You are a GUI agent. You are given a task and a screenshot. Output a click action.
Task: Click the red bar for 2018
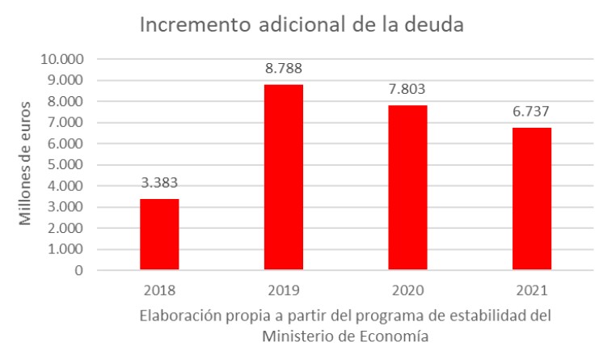click(x=159, y=234)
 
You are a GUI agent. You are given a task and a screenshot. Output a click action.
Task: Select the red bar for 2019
click(x=284, y=177)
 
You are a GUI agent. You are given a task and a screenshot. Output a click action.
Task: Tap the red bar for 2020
click(x=407, y=188)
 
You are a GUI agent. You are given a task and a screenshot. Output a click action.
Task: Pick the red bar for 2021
click(x=532, y=199)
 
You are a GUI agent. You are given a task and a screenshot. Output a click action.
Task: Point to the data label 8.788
click(x=284, y=68)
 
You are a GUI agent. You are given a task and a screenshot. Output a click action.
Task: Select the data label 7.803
click(x=407, y=89)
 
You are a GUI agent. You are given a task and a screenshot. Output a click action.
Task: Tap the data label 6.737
click(x=532, y=111)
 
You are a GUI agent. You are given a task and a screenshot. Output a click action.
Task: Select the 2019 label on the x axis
click(x=284, y=289)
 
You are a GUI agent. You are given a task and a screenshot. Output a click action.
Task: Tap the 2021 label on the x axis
click(x=532, y=289)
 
